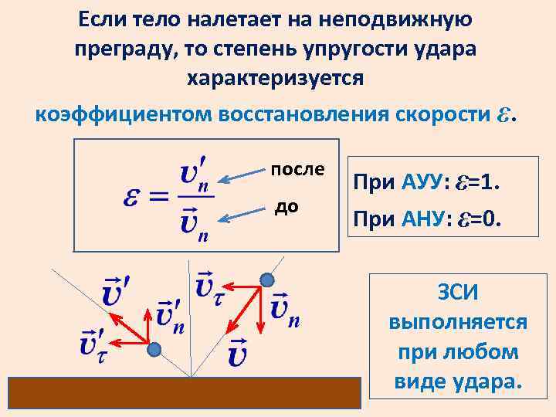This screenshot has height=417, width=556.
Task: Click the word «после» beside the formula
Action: pos(298,169)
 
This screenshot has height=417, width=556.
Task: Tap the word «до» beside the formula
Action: pos(287,207)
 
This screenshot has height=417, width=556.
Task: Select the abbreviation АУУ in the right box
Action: pos(422,184)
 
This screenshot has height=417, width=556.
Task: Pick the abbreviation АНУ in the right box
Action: pos(422,221)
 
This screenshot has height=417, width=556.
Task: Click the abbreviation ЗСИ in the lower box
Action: pos(459,293)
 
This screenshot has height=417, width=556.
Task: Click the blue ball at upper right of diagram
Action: pos(268,279)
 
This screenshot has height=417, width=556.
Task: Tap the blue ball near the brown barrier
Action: pos(155,349)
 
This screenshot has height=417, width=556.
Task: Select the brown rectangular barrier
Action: pos(185,392)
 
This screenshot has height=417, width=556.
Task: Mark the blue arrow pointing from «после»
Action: pos(241,177)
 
